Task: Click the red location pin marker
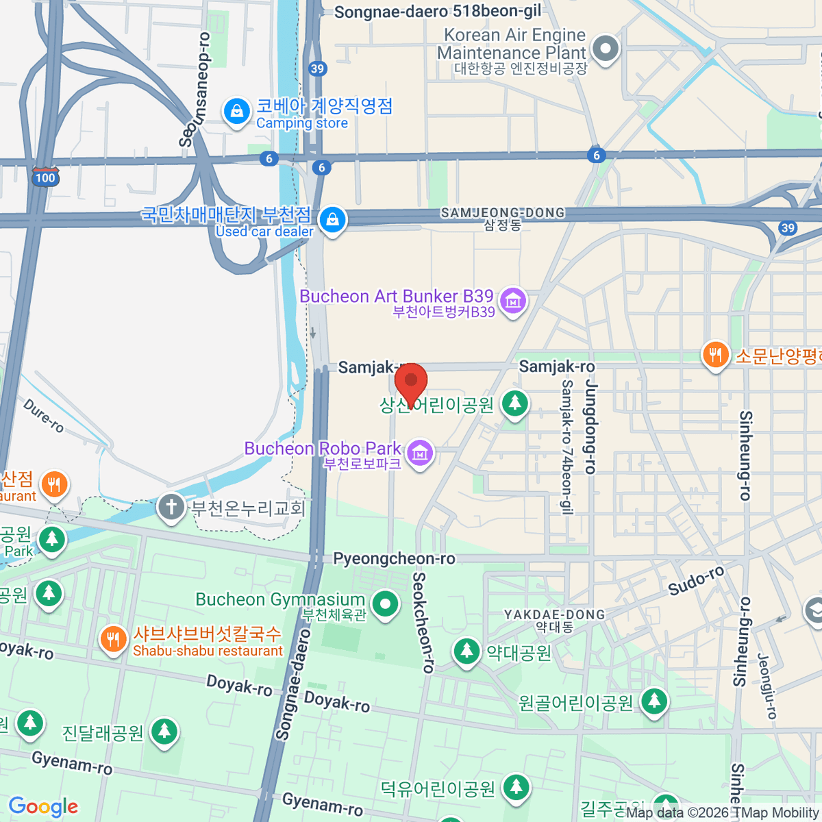tap(411, 382)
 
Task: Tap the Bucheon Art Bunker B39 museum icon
tap(512, 301)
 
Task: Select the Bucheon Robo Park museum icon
tap(420, 453)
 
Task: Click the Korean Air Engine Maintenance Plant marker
tap(606, 49)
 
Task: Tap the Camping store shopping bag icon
tap(237, 111)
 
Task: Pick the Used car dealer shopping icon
tap(332, 220)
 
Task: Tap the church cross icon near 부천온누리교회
tap(171, 508)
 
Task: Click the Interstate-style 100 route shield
tap(45, 177)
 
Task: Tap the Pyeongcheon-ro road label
tap(394, 559)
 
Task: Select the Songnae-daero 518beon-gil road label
tap(437, 12)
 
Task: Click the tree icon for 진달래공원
tap(164, 732)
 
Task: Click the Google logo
tap(43, 807)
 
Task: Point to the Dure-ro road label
tap(44, 416)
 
